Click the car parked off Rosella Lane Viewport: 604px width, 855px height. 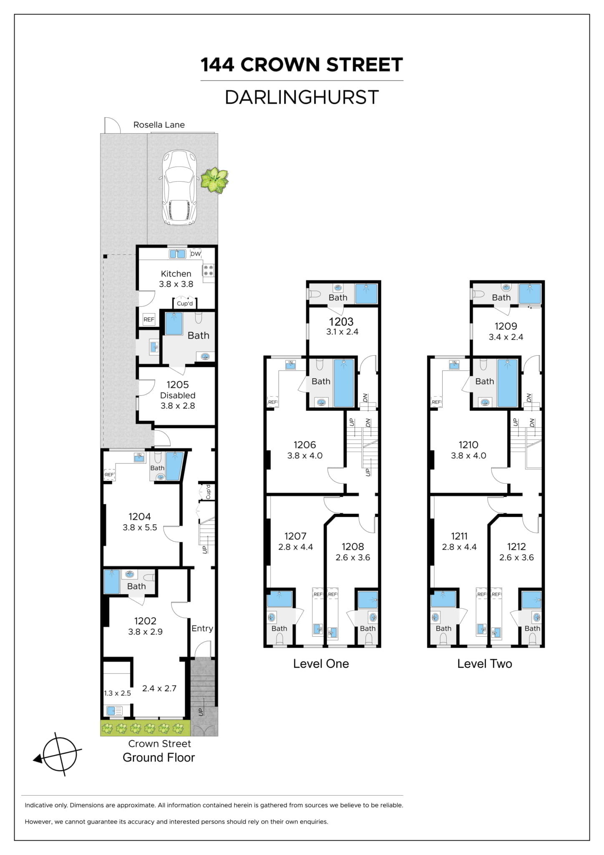pyautogui.click(x=179, y=187)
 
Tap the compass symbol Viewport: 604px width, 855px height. pyautogui.click(x=59, y=754)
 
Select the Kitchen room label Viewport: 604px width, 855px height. pyautogui.click(x=176, y=274)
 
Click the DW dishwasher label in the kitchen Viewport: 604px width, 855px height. pyautogui.click(x=196, y=254)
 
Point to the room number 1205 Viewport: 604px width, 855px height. pyautogui.click(x=178, y=384)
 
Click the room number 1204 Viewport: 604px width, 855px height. pyautogui.click(x=140, y=516)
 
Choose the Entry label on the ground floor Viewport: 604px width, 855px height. pyautogui.click(x=202, y=628)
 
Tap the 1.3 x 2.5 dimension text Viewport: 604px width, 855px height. pyautogui.click(x=118, y=693)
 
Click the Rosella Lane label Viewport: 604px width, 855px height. pyautogui.click(x=159, y=124)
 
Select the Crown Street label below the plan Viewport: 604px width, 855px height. pyautogui.click(x=159, y=744)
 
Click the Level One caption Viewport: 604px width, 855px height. pyautogui.click(x=321, y=664)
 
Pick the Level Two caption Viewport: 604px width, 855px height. pyautogui.click(x=485, y=664)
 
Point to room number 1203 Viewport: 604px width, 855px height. pyautogui.click(x=341, y=322)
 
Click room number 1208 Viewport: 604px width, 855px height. pyautogui.click(x=353, y=546)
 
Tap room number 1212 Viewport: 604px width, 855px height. pyautogui.click(x=516, y=546)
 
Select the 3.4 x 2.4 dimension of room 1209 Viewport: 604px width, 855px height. pyautogui.click(x=506, y=337)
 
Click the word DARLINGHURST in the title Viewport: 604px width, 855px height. pyautogui.click(x=302, y=97)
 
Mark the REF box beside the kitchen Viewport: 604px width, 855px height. pyautogui.click(x=149, y=319)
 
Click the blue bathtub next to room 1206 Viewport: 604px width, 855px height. pyautogui.click(x=344, y=383)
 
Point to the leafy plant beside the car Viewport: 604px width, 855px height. pyautogui.click(x=214, y=180)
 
